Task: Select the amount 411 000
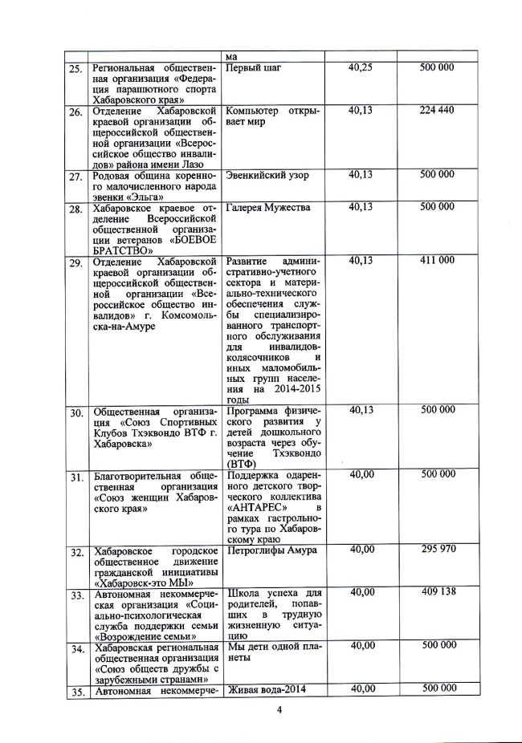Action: click(x=437, y=261)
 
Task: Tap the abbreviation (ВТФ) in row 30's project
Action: click(x=243, y=463)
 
